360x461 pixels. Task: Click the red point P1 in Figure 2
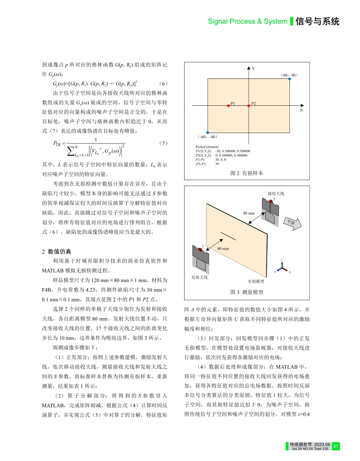228,106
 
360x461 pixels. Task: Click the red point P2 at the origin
249,106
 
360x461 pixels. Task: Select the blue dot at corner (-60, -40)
208,132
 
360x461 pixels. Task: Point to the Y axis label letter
253,69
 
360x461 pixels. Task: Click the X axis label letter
301,110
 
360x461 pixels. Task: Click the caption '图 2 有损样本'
247,173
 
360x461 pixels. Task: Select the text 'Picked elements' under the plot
207,147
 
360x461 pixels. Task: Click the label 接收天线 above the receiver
275,193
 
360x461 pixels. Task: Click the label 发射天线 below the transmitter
200,278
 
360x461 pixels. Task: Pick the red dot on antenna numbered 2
271,202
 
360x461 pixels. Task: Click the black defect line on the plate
228,235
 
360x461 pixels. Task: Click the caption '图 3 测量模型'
247,292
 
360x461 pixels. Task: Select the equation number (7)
163,143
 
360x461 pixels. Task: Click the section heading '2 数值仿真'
56,252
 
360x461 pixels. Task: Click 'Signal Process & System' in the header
247,22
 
